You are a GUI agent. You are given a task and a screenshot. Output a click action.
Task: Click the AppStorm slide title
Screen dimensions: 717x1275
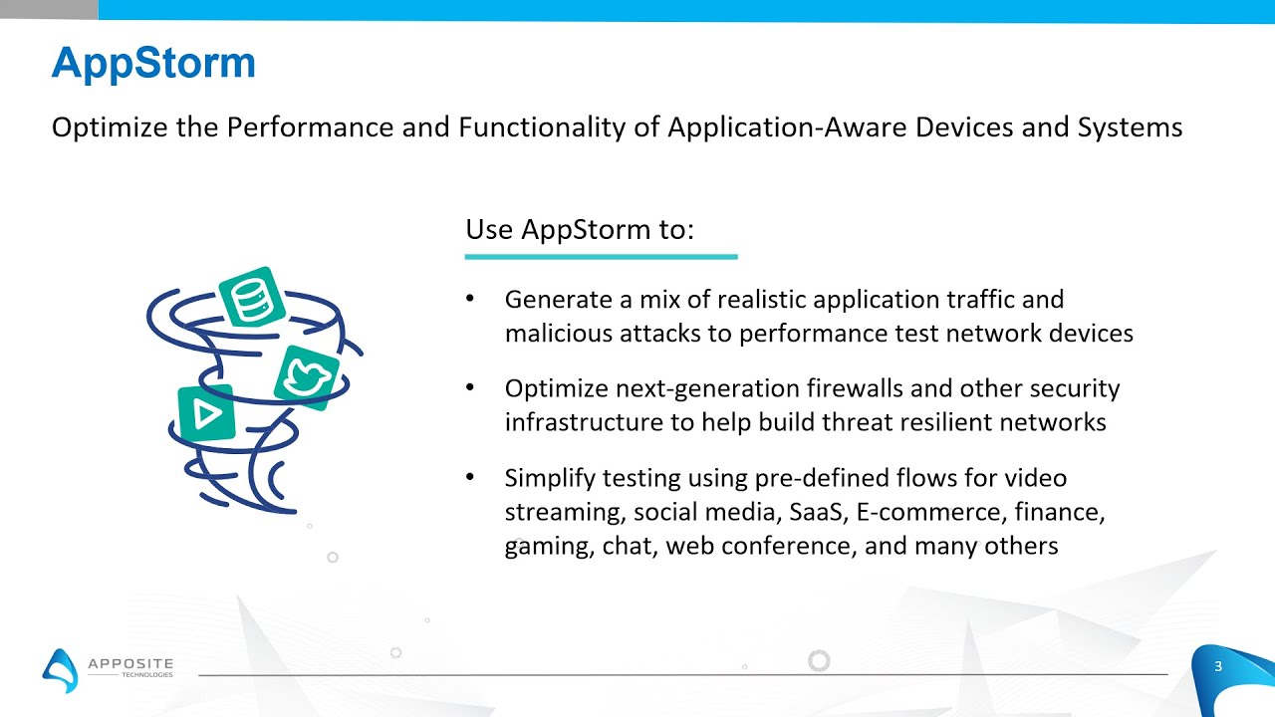click(153, 63)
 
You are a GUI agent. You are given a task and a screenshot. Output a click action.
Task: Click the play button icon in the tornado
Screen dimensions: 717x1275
click(206, 413)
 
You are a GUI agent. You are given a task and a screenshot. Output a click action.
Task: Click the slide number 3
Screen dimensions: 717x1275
click(1217, 666)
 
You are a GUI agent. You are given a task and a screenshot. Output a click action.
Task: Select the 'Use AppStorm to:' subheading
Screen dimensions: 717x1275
click(579, 229)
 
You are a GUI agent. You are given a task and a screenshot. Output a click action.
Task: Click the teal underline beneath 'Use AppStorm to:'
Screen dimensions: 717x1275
click(601, 257)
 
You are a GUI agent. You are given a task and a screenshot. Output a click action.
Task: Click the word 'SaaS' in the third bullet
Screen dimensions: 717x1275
click(815, 512)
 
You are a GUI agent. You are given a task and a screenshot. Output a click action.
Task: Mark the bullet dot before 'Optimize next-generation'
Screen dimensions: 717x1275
click(470, 388)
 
